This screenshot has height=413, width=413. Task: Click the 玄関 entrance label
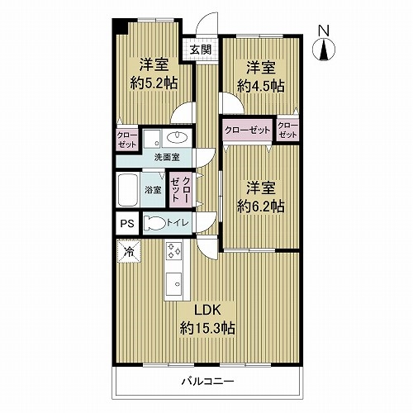click(x=202, y=50)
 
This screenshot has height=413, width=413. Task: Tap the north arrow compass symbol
click(x=324, y=50)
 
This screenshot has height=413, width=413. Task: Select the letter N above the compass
click(x=324, y=31)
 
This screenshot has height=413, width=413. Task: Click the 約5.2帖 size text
click(x=154, y=83)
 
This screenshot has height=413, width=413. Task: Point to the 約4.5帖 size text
click(x=260, y=86)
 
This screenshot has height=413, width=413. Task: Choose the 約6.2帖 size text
click(x=260, y=206)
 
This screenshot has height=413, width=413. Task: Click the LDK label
click(x=208, y=311)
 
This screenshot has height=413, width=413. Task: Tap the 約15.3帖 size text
click(x=207, y=328)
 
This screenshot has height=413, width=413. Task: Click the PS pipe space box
click(x=127, y=223)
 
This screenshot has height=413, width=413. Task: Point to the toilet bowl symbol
click(x=154, y=223)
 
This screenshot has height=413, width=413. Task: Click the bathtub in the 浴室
click(x=128, y=190)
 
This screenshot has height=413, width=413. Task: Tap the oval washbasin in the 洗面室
click(x=177, y=137)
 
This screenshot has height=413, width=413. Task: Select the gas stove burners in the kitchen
click(x=173, y=250)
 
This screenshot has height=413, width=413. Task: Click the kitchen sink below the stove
click(x=173, y=284)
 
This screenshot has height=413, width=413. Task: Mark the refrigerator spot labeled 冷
click(x=129, y=251)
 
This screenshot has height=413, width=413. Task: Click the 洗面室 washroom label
click(x=167, y=158)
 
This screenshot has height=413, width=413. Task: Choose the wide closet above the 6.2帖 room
click(x=247, y=130)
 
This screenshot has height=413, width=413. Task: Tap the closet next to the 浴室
click(x=180, y=190)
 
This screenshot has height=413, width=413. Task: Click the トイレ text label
click(x=178, y=223)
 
